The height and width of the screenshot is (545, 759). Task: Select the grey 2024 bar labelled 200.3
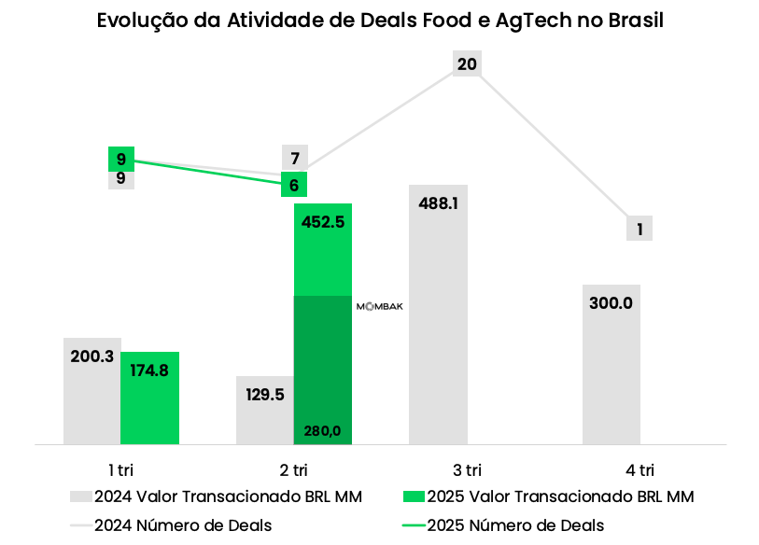[x=91, y=392]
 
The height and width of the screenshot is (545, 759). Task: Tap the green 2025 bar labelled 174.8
[x=149, y=401]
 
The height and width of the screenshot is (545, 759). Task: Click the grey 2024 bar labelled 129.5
[x=264, y=415]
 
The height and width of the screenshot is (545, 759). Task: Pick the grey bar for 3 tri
[x=438, y=317]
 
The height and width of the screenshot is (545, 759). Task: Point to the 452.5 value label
[x=323, y=222]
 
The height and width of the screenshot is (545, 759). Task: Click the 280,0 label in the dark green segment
[x=323, y=430]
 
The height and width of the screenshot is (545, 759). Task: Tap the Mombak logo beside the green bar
[x=380, y=306]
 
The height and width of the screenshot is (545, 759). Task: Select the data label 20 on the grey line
[x=467, y=64]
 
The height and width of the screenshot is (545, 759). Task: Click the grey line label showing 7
[x=295, y=159]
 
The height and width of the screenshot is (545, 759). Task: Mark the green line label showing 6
[x=295, y=185]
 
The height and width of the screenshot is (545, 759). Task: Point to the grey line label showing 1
[x=640, y=229]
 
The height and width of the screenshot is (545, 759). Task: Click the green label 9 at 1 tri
[x=121, y=160]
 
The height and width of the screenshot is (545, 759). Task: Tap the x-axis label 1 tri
[x=120, y=468]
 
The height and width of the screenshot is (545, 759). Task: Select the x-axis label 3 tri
[x=467, y=468]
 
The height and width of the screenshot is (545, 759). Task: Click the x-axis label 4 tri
[x=640, y=468]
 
